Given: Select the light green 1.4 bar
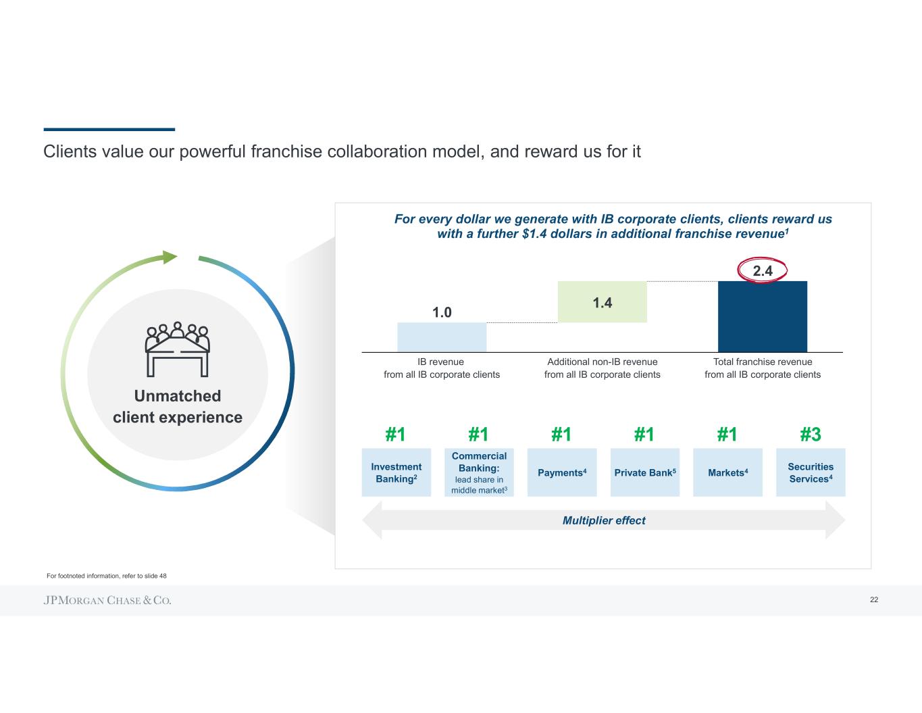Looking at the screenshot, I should point(602,302).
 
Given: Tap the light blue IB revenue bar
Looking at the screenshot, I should point(442,337).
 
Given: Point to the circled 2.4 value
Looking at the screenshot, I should point(762,271).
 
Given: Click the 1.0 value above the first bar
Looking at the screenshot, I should point(442,312).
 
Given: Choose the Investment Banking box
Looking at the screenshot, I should point(396,472).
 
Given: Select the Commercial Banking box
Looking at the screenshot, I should point(479,472).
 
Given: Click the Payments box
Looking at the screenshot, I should point(562,472).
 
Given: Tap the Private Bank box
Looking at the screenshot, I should point(644,472).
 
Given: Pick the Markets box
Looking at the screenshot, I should point(727,472).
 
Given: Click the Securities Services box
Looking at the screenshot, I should point(811,472).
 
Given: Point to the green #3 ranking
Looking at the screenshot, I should point(811,434).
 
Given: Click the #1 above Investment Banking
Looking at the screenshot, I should point(395,434).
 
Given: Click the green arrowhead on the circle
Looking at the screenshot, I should point(170,257).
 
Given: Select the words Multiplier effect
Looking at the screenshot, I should point(604,520).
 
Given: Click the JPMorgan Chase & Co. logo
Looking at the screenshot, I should point(107,600).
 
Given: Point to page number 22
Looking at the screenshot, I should point(874,600).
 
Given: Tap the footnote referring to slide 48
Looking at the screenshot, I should point(107,576).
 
